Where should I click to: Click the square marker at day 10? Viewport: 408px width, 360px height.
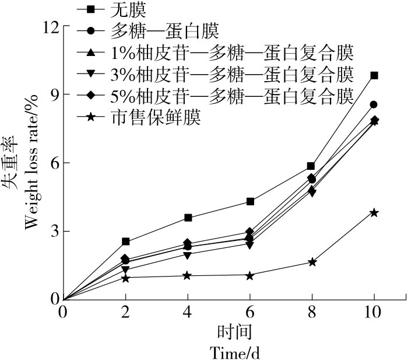click(374, 75)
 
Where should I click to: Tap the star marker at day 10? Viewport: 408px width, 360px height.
click(374, 212)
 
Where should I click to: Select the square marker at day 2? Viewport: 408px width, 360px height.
click(125, 242)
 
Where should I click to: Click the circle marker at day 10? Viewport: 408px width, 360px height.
click(374, 104)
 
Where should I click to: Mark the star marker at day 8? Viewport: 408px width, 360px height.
click(312, 262)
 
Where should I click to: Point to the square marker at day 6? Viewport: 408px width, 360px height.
click(250, 201)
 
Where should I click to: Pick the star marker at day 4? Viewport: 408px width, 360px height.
click(188, 275)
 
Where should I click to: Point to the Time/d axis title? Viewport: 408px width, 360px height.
click(234, 352)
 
